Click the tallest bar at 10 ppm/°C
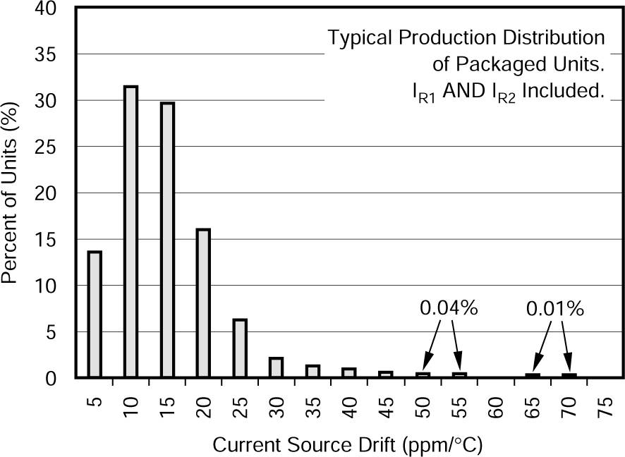(131, 233)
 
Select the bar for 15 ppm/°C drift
(167, 240)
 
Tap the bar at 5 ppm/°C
(95, 315)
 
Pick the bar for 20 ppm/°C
(203, 303)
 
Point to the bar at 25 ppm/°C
(240, 348)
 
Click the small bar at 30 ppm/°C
(276, 367)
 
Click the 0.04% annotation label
(449, 308)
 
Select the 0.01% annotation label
(554, 308)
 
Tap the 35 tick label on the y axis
(58, 55)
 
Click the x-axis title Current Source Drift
(347, 445)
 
